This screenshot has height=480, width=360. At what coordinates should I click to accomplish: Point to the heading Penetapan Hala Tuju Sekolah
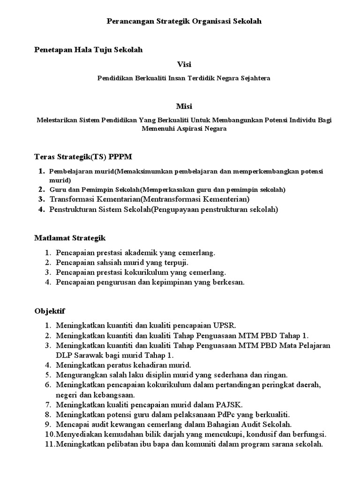(x=89, y=50)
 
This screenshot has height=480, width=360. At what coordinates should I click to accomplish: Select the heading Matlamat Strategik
(x=70, y=238)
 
